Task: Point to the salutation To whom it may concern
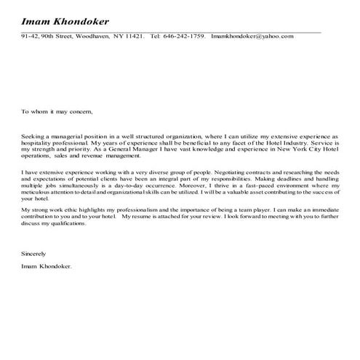[x=57, y=112]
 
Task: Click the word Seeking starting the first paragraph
[x=33, y=136]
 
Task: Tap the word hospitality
[x=38, y=142]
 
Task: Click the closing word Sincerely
[x=33, y=254]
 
